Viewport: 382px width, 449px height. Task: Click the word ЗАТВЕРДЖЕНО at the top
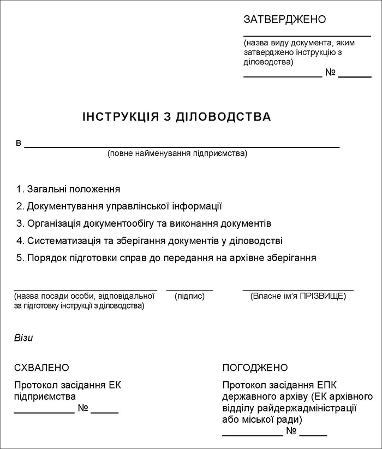click(x=284, y=20)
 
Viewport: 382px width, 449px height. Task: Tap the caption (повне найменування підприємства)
click(x=177, y=153)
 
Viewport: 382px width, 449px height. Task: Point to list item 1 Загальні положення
click(x=68, y=189)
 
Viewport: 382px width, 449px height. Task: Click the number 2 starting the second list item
click(x=19, y=206)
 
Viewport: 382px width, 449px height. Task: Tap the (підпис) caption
click(x=189, y=296)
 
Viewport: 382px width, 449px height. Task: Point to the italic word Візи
click(x=23, y=338)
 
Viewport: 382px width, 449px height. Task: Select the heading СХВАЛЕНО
click(x=42, y=368)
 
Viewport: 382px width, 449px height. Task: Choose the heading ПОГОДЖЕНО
click(x=255, y=368)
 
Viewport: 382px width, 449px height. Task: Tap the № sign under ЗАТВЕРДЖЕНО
click(x=330, y=73)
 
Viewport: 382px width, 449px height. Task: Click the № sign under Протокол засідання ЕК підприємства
click(x=83, y=408)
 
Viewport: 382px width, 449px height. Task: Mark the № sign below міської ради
click(x=291, y=432)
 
